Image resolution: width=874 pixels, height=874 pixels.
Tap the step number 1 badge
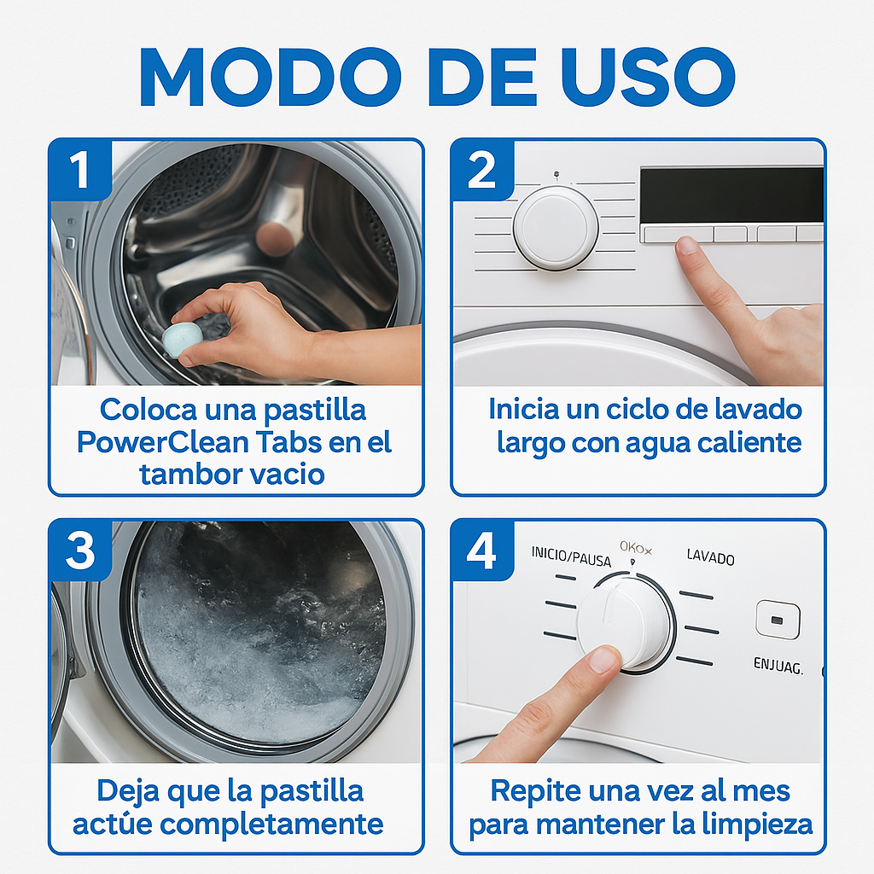[x=80, y=170]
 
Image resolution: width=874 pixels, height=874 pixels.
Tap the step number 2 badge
[x=482, y=170]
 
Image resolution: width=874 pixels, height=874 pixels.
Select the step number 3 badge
[x=80, y=551]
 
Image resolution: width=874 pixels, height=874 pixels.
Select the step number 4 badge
[x=482, y=551]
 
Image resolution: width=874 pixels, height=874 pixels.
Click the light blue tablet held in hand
[x=181, y=338]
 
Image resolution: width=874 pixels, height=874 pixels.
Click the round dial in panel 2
[x=555, y=227]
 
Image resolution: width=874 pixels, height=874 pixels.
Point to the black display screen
[x=731, y=195]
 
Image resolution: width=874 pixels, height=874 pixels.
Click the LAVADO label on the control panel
[x=710, y=558]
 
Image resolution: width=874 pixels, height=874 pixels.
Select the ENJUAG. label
[x=778, y=665]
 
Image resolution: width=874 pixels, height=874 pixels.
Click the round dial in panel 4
[x=625, y=623]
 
